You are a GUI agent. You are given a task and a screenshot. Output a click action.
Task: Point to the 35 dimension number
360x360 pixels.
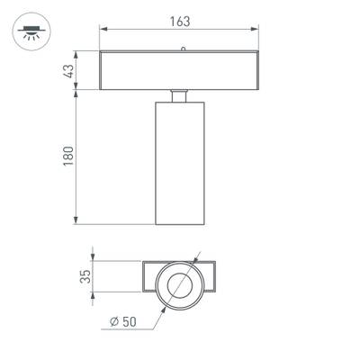click(x=85, y=277)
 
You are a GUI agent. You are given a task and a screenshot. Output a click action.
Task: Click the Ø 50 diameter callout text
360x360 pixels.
click(x=124, y=321)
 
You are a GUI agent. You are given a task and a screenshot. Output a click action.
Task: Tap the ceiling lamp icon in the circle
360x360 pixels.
click(x=31, y=32)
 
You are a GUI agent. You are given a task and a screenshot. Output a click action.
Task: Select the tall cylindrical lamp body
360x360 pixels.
click(x=179, y=162)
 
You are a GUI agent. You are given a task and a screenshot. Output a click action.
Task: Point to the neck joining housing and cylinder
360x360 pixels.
click(x=179, y=95)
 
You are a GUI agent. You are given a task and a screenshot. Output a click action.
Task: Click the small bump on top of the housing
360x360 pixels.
click(x=183, y=49)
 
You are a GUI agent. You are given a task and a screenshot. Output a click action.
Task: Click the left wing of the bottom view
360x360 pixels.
click(x=150, y=277)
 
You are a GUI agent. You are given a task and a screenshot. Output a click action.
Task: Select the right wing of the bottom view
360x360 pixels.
click(x=210, y=277)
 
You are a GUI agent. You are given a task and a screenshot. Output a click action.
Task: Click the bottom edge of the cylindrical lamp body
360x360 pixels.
click(x=179, y=224)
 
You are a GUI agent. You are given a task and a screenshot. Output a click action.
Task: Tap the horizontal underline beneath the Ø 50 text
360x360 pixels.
click(x=126, y=329)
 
